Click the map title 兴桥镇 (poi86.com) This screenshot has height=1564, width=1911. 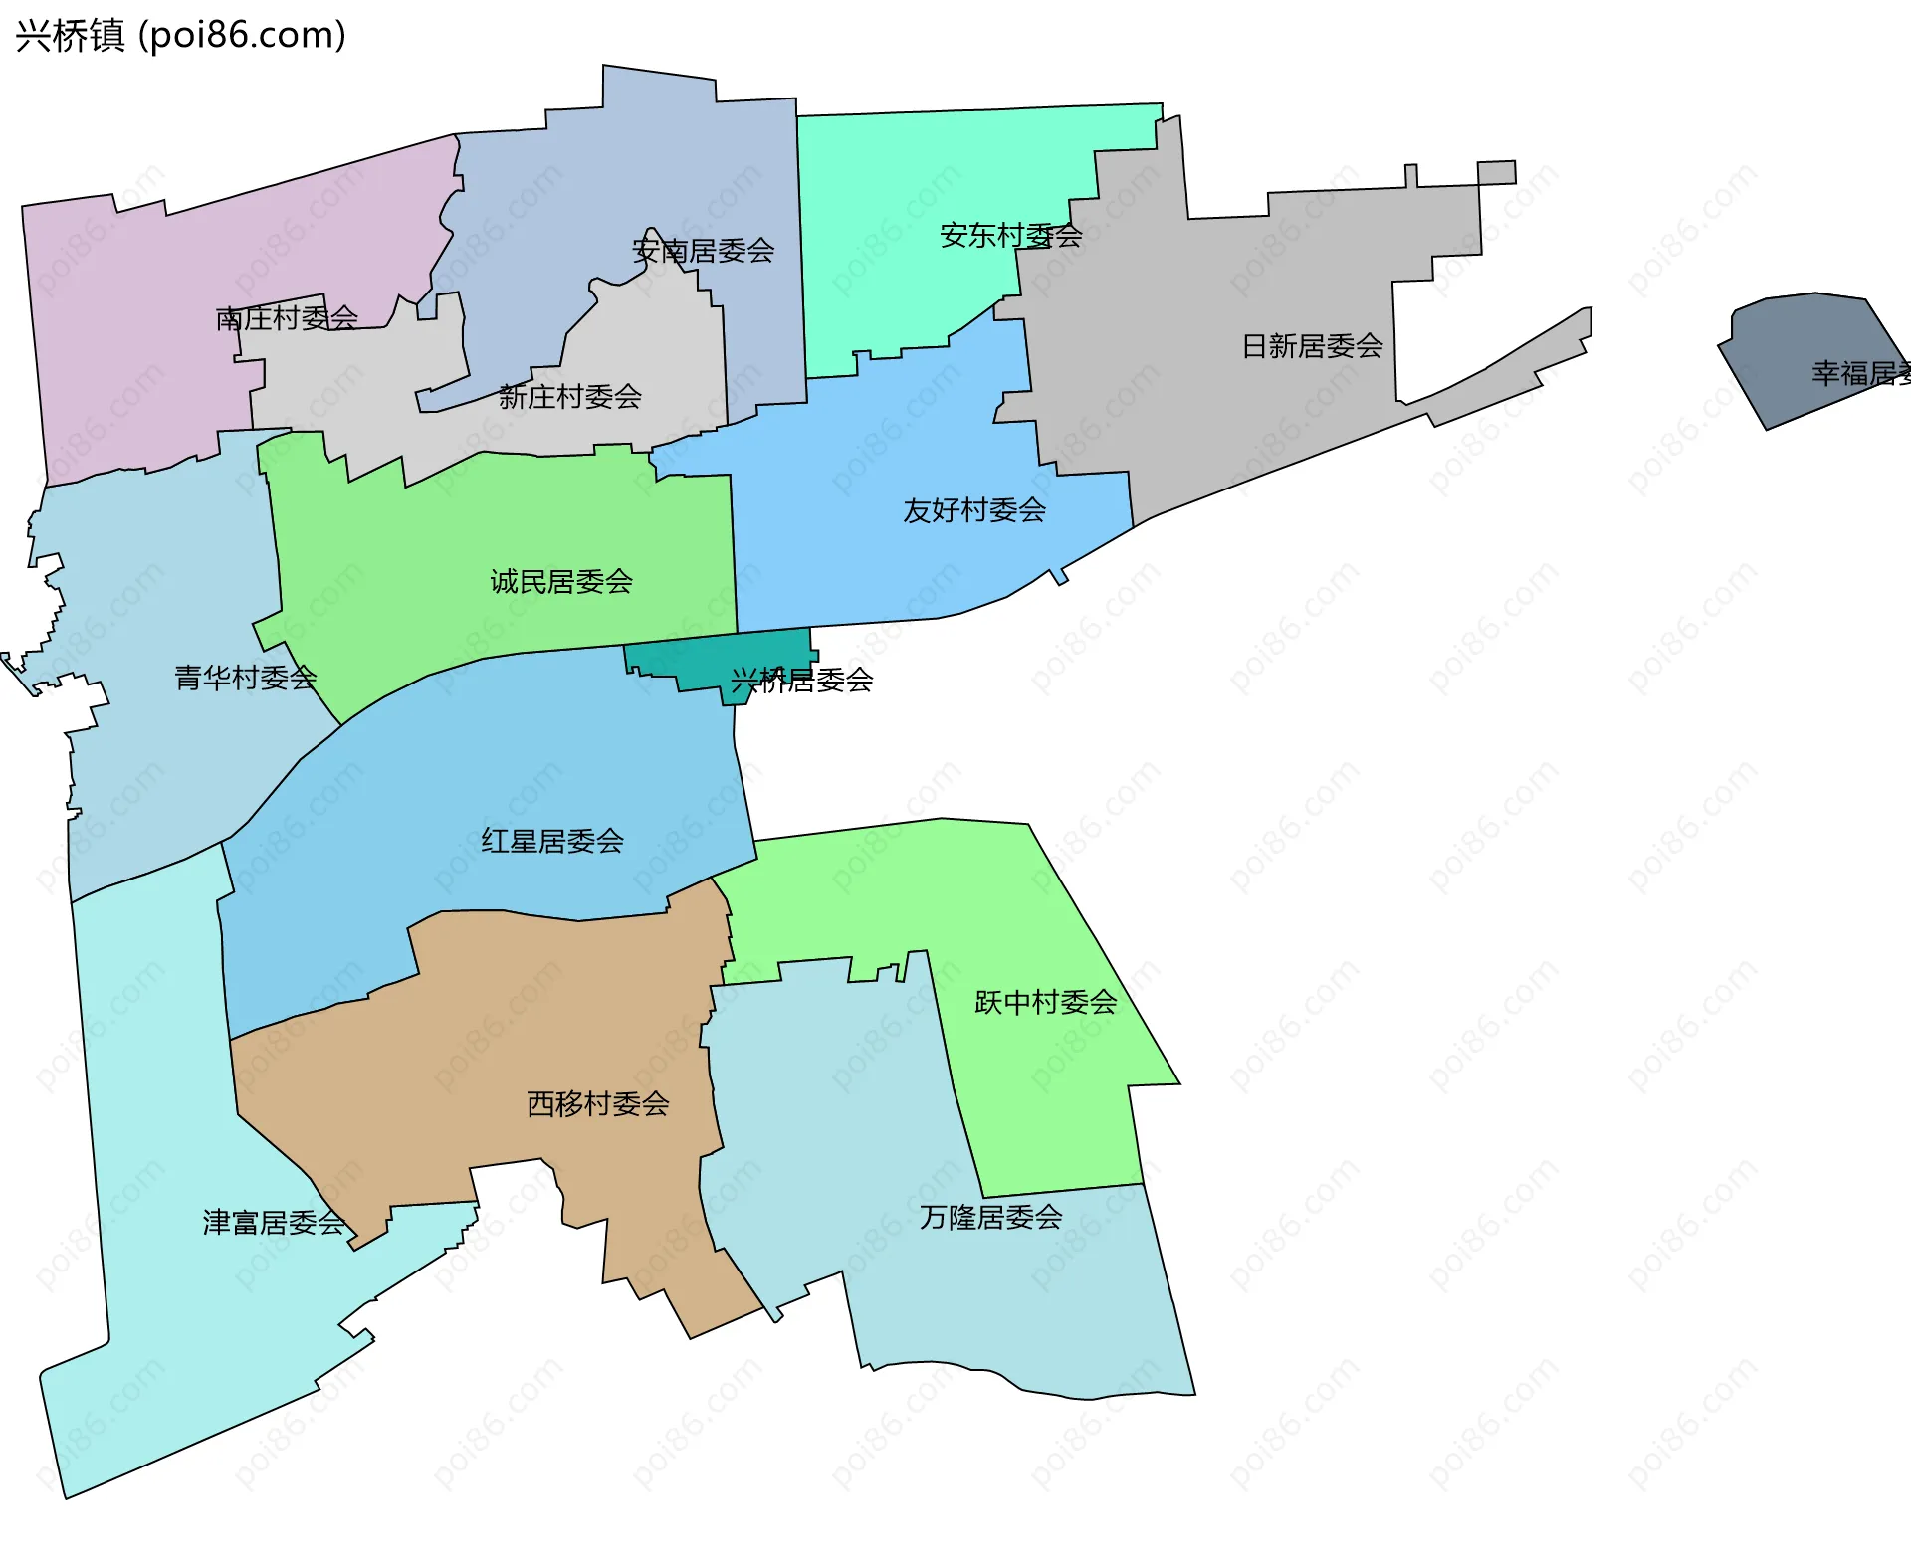(x=180, y=35)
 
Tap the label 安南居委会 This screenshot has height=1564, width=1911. (x=703, y=251)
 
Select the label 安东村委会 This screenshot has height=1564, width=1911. (x=1010, y=236)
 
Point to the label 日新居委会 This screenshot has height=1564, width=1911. (x=1312, y=346)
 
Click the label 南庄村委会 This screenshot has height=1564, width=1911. (x=287, y=318)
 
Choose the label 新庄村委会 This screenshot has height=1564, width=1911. (x=569, y=397)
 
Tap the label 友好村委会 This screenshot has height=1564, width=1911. (x=973, y=510)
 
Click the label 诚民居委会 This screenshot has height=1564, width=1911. (x=561, y=581)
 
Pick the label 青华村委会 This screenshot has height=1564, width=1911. (x=245, y=678)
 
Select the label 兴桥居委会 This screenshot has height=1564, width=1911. (x=801, y=681)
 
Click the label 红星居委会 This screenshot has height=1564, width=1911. (x=552, y=841)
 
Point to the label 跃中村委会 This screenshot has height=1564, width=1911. (x=1045, y=1002)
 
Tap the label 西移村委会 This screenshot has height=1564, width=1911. (x=597, y=1103)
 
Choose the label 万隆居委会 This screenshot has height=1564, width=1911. (x=990, y=1217)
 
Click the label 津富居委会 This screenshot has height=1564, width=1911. (x=274, y=1222)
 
